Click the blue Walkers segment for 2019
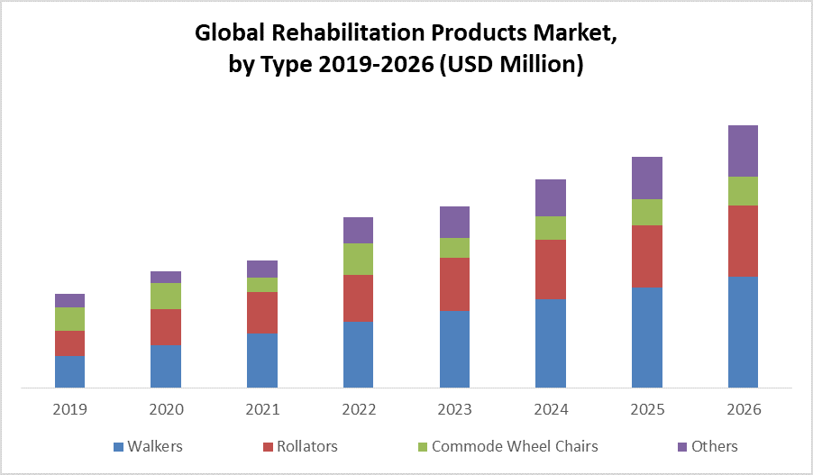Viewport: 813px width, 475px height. point(69,371)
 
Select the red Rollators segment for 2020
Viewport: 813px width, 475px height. point(166,327)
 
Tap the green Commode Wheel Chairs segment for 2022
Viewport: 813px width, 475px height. point(358,259)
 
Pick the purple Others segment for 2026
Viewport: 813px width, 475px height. point(743,151)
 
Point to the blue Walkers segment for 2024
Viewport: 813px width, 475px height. point(551,343)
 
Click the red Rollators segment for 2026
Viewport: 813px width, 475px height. point(743,241)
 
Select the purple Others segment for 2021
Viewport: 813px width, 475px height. point(262,269)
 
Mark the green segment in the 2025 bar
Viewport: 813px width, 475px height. point(647,212)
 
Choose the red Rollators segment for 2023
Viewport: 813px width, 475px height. point(454,284)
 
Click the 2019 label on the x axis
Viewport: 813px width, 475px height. point(69,409)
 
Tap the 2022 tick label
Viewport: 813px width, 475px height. point(358,409)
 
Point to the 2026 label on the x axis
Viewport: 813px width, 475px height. point(743,409)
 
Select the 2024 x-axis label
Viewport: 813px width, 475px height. point(551,409)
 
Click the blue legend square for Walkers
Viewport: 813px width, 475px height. point(118,447)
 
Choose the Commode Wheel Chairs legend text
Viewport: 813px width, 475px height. point(515,446)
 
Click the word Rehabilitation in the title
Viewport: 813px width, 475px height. point(358,35)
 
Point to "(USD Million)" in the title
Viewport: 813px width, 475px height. point(512,65)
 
